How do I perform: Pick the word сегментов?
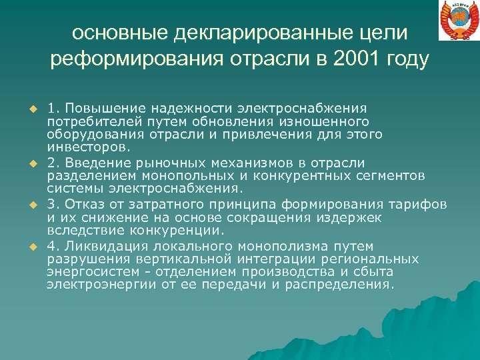click(394, 176)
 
